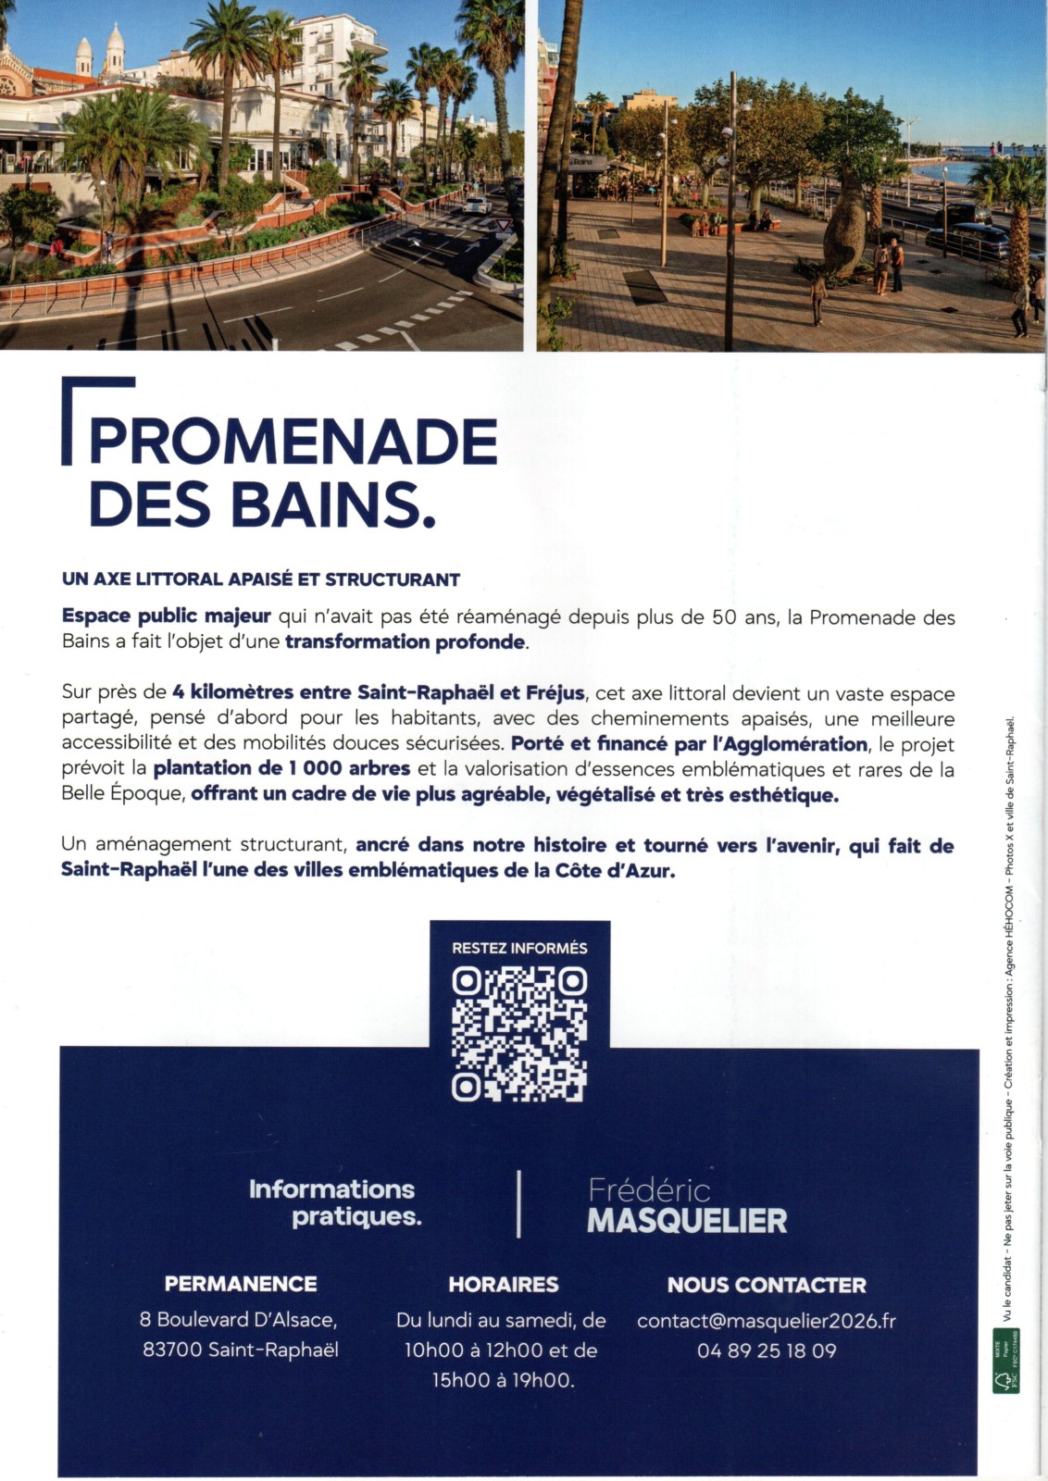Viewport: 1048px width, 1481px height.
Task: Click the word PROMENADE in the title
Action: click(x=293, y=442)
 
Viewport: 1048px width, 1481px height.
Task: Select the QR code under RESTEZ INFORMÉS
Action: click(x=519, y=1034)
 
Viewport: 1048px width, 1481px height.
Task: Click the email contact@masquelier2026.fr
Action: click(x=766, y=1321)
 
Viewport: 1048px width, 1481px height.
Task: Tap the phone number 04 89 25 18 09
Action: click(x=766, y=1350)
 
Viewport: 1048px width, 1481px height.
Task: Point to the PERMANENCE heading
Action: click(x=241, y=1284)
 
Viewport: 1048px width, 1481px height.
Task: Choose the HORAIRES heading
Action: click(x=504, y=1284)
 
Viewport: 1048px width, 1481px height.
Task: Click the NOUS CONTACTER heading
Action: click(x=766, y=1285)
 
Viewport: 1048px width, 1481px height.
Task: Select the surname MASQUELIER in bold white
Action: click(x=687, y=1220)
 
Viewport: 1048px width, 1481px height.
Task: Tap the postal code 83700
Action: click(x=172, y=1350)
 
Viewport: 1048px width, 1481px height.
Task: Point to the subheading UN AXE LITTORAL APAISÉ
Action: click(x=260, y=579)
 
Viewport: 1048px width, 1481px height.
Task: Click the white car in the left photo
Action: click(x=478, y=205)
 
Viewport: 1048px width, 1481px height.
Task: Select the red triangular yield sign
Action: click(x=503, y=225)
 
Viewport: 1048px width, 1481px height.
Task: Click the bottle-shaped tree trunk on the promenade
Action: click(x=843, y=231)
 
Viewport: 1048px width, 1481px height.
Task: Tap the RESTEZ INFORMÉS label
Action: click(x=519, y=948)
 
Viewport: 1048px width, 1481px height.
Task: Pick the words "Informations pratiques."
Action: click(x=333, y=1202)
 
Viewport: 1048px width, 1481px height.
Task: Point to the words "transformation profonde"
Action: click(x=405, y=641)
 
